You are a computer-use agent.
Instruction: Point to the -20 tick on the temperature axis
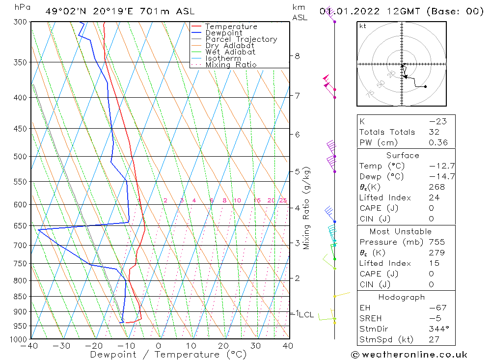coord(94,346)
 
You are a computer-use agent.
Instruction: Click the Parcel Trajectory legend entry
coord(241,39)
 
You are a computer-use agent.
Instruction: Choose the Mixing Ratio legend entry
coord(231,64)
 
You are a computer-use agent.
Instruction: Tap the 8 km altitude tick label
coord(298,56)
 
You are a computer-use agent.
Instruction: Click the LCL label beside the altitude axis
coord(306,314)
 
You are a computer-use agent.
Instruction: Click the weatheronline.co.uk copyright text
coord(409,355)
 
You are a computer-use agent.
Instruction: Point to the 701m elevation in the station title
coord(149,11)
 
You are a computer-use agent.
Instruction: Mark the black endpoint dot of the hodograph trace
coord(425,87)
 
